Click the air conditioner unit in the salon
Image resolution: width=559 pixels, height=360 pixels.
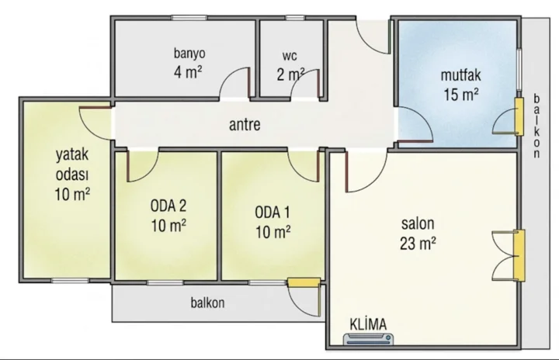click(369, 339)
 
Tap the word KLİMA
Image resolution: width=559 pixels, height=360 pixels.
click(368, 324)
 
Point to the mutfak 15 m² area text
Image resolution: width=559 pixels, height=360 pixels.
click(461, 85)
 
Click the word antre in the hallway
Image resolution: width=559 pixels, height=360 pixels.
click(245, 125)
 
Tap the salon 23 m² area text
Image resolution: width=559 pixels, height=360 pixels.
click(418, 234)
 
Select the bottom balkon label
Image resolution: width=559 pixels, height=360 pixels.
click(207, 303)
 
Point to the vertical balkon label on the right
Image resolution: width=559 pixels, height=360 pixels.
click(536, 126)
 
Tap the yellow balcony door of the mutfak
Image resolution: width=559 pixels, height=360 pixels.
click(519, 117)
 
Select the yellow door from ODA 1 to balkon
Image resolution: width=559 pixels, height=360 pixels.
click(304, 282)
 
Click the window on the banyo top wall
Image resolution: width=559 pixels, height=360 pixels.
click(189, 18)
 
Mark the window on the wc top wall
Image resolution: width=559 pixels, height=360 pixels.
click(295, 18)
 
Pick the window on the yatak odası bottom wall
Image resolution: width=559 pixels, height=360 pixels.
click(70, 281)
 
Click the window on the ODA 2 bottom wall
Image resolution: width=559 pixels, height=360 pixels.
click(165, 282)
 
